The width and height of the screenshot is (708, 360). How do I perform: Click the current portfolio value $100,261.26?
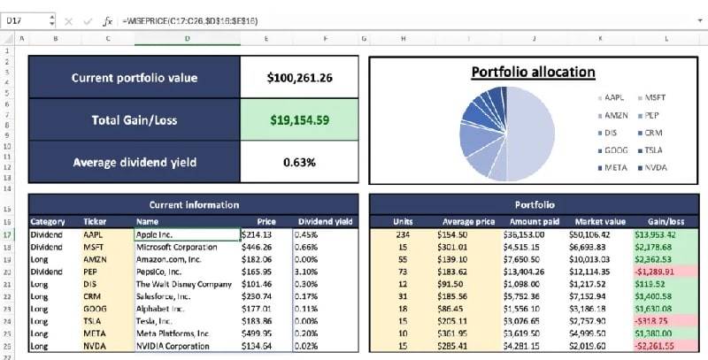(299, 78)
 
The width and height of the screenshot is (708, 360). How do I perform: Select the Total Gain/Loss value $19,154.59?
(299, 119)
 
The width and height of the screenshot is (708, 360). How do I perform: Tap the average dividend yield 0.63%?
(299, 162)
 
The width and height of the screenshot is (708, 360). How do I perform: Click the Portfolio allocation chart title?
(533, 73)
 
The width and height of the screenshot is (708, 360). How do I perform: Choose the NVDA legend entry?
(655, 167)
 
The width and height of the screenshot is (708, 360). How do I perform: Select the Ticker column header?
(95, 221)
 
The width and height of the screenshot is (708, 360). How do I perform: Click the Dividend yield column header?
(326, 221)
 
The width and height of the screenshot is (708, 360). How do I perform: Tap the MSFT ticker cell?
(94, 248)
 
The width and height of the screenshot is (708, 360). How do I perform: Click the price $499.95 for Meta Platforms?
(268, 333)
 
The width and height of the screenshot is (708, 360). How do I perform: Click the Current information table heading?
(193, 204)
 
